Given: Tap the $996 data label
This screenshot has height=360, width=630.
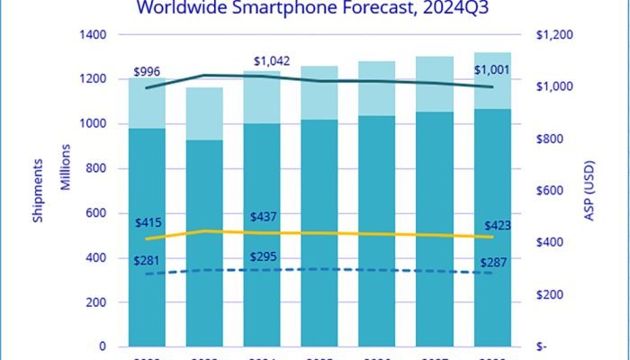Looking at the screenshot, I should click(147, 72).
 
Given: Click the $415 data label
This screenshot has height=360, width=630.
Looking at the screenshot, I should click(148, 222).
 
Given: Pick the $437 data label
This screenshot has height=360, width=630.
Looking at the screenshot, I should click(268, 217).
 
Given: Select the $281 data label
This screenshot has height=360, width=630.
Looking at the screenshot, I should click(148, 261).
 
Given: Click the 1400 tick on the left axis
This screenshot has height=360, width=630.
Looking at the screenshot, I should click(92, 34).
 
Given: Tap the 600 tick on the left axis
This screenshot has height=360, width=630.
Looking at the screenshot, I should click(95, 212).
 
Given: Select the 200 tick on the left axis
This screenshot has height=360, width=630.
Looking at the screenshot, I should click(95, 302).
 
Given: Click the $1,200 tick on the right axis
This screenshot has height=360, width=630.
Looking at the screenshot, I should click(556, 34).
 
